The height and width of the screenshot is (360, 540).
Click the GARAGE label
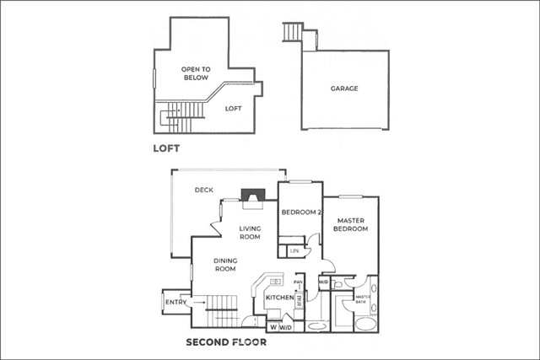coord(343,88)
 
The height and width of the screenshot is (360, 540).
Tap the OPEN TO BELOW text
coord(195,73)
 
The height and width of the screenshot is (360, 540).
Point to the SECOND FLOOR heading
coord(226,343)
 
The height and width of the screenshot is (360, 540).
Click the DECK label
coord(203,190)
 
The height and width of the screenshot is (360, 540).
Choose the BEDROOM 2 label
coord(301,212)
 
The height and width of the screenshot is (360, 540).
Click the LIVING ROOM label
coord(250,233)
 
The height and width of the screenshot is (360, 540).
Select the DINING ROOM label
coord(224,265)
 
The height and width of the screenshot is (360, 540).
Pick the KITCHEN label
coord(279,298)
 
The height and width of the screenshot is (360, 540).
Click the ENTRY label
coord(176,302)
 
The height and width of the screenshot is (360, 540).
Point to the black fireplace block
coord(251,196)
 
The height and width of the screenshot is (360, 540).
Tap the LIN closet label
coord(294,251)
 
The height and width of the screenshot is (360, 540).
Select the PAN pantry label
coord(298,284)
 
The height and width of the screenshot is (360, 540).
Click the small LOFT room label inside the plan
coord(234,108)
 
